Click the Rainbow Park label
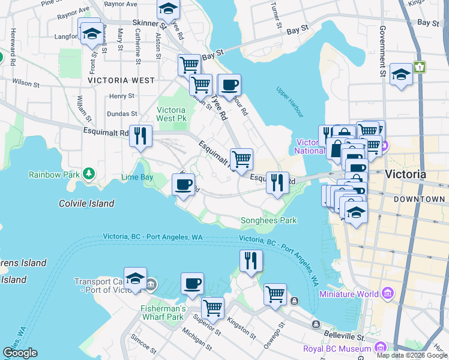pyautogui.click(x=53, y=175)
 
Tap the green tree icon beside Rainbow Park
pyautogui.click(x=89, y=174)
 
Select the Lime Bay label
pyautogui.click(x=137, y=178)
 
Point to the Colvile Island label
pyautogui.click(x=86, y=203)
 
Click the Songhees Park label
pyautogui.click(x=268, y=220)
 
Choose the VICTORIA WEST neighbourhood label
pyautogui.click(x=121, y=80)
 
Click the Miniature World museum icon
pyautogui.click(x=388, y=294)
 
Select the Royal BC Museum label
pyautogui.click(x=336, y=348)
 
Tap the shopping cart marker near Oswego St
pyautogui.click(x=275, y=295)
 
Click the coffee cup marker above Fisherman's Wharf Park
pyautogui.click(x=192, y=283)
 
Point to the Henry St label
pyautogui.click(x=122, y=96)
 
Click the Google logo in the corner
pyautogui.click(x=20, y=353)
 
